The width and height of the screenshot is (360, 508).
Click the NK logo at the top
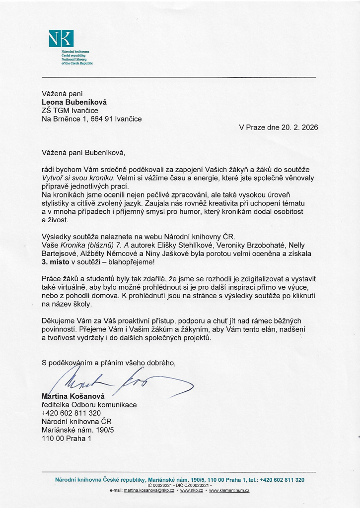point(61,38)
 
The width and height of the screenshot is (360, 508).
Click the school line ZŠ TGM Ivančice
point(70,110)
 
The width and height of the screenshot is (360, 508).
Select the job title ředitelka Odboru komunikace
point(89,405)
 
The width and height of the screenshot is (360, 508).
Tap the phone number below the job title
point(72,413)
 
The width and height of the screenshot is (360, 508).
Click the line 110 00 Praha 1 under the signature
point(67,439)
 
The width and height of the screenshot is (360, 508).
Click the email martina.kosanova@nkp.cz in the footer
point(149,490)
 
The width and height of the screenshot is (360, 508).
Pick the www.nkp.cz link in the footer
point(192,490)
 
